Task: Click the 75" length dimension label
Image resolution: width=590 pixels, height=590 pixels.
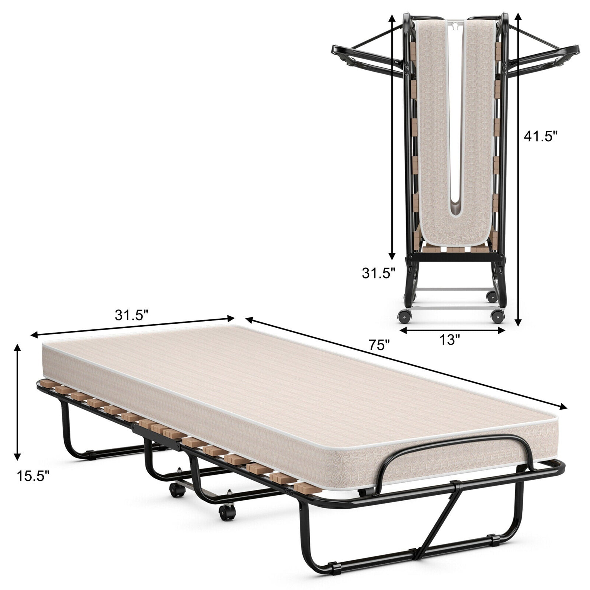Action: [x=380, y=345]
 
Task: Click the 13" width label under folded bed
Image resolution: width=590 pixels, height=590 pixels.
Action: [x=450, y=340]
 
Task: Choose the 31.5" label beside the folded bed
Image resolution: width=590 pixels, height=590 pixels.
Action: [x=379, y=273]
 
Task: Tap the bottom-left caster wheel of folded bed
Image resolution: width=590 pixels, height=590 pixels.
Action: [x=405, y=316]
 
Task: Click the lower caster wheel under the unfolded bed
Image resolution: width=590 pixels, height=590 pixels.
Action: [x=227, y=510]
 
